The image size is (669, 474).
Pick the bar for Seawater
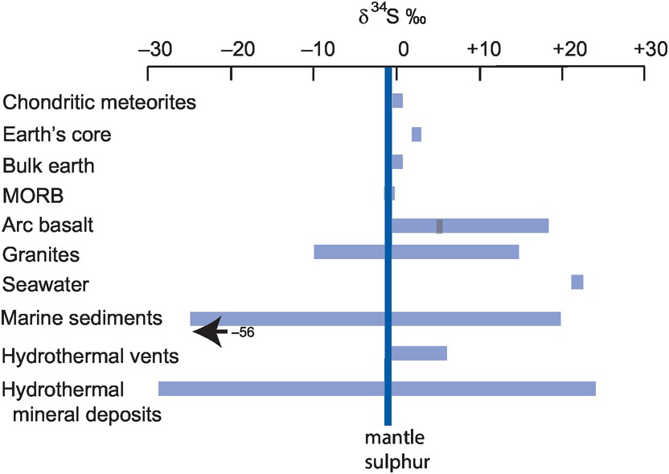577,282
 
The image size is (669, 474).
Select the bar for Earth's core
417,134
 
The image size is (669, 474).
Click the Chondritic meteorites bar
397,101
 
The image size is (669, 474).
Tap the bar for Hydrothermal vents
418,353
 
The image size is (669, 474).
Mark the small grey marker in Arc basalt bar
440,226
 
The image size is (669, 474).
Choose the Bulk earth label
49,166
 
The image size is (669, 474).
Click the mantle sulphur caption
394,451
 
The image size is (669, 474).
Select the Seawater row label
46,285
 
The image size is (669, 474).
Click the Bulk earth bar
397,163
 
